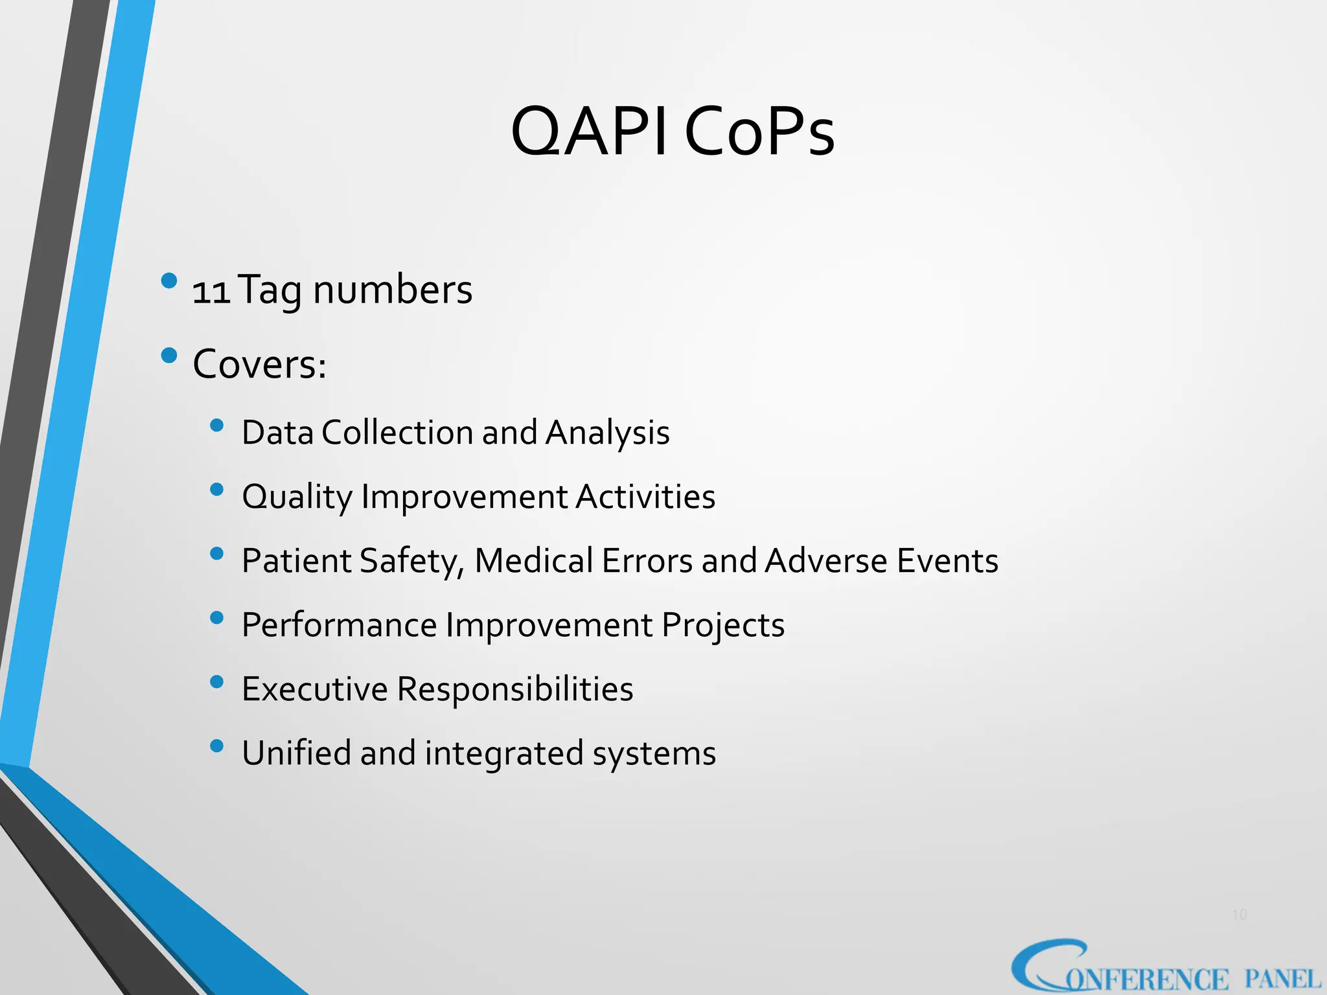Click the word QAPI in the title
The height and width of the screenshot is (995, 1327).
coord(588,132)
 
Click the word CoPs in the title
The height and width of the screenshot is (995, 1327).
coord(759,132)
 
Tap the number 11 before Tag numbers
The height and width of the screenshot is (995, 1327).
coord(211,292)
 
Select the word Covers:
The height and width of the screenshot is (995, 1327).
coord(260,364)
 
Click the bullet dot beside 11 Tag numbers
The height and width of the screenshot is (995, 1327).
coord(169,280)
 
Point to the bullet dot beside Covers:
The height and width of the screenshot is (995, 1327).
coord(169,355)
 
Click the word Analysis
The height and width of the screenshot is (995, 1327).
coord(607,433)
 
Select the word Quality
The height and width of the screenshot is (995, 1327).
coord(297,497)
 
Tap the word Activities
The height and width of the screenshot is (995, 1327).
coord(645,497)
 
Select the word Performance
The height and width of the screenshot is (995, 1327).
coord(339,625)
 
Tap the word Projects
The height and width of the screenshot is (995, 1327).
coord(723,626)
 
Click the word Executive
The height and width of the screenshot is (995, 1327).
coord(315,689)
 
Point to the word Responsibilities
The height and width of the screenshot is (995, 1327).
coord(515,689)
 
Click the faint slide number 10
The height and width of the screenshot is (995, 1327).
coord(1239,915)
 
